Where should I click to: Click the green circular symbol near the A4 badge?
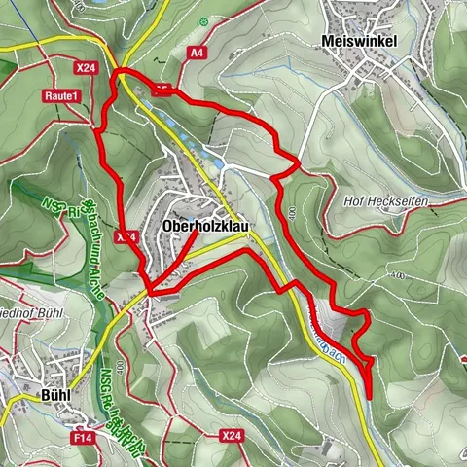coord(203,21)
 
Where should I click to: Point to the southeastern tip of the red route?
coord(370,397)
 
